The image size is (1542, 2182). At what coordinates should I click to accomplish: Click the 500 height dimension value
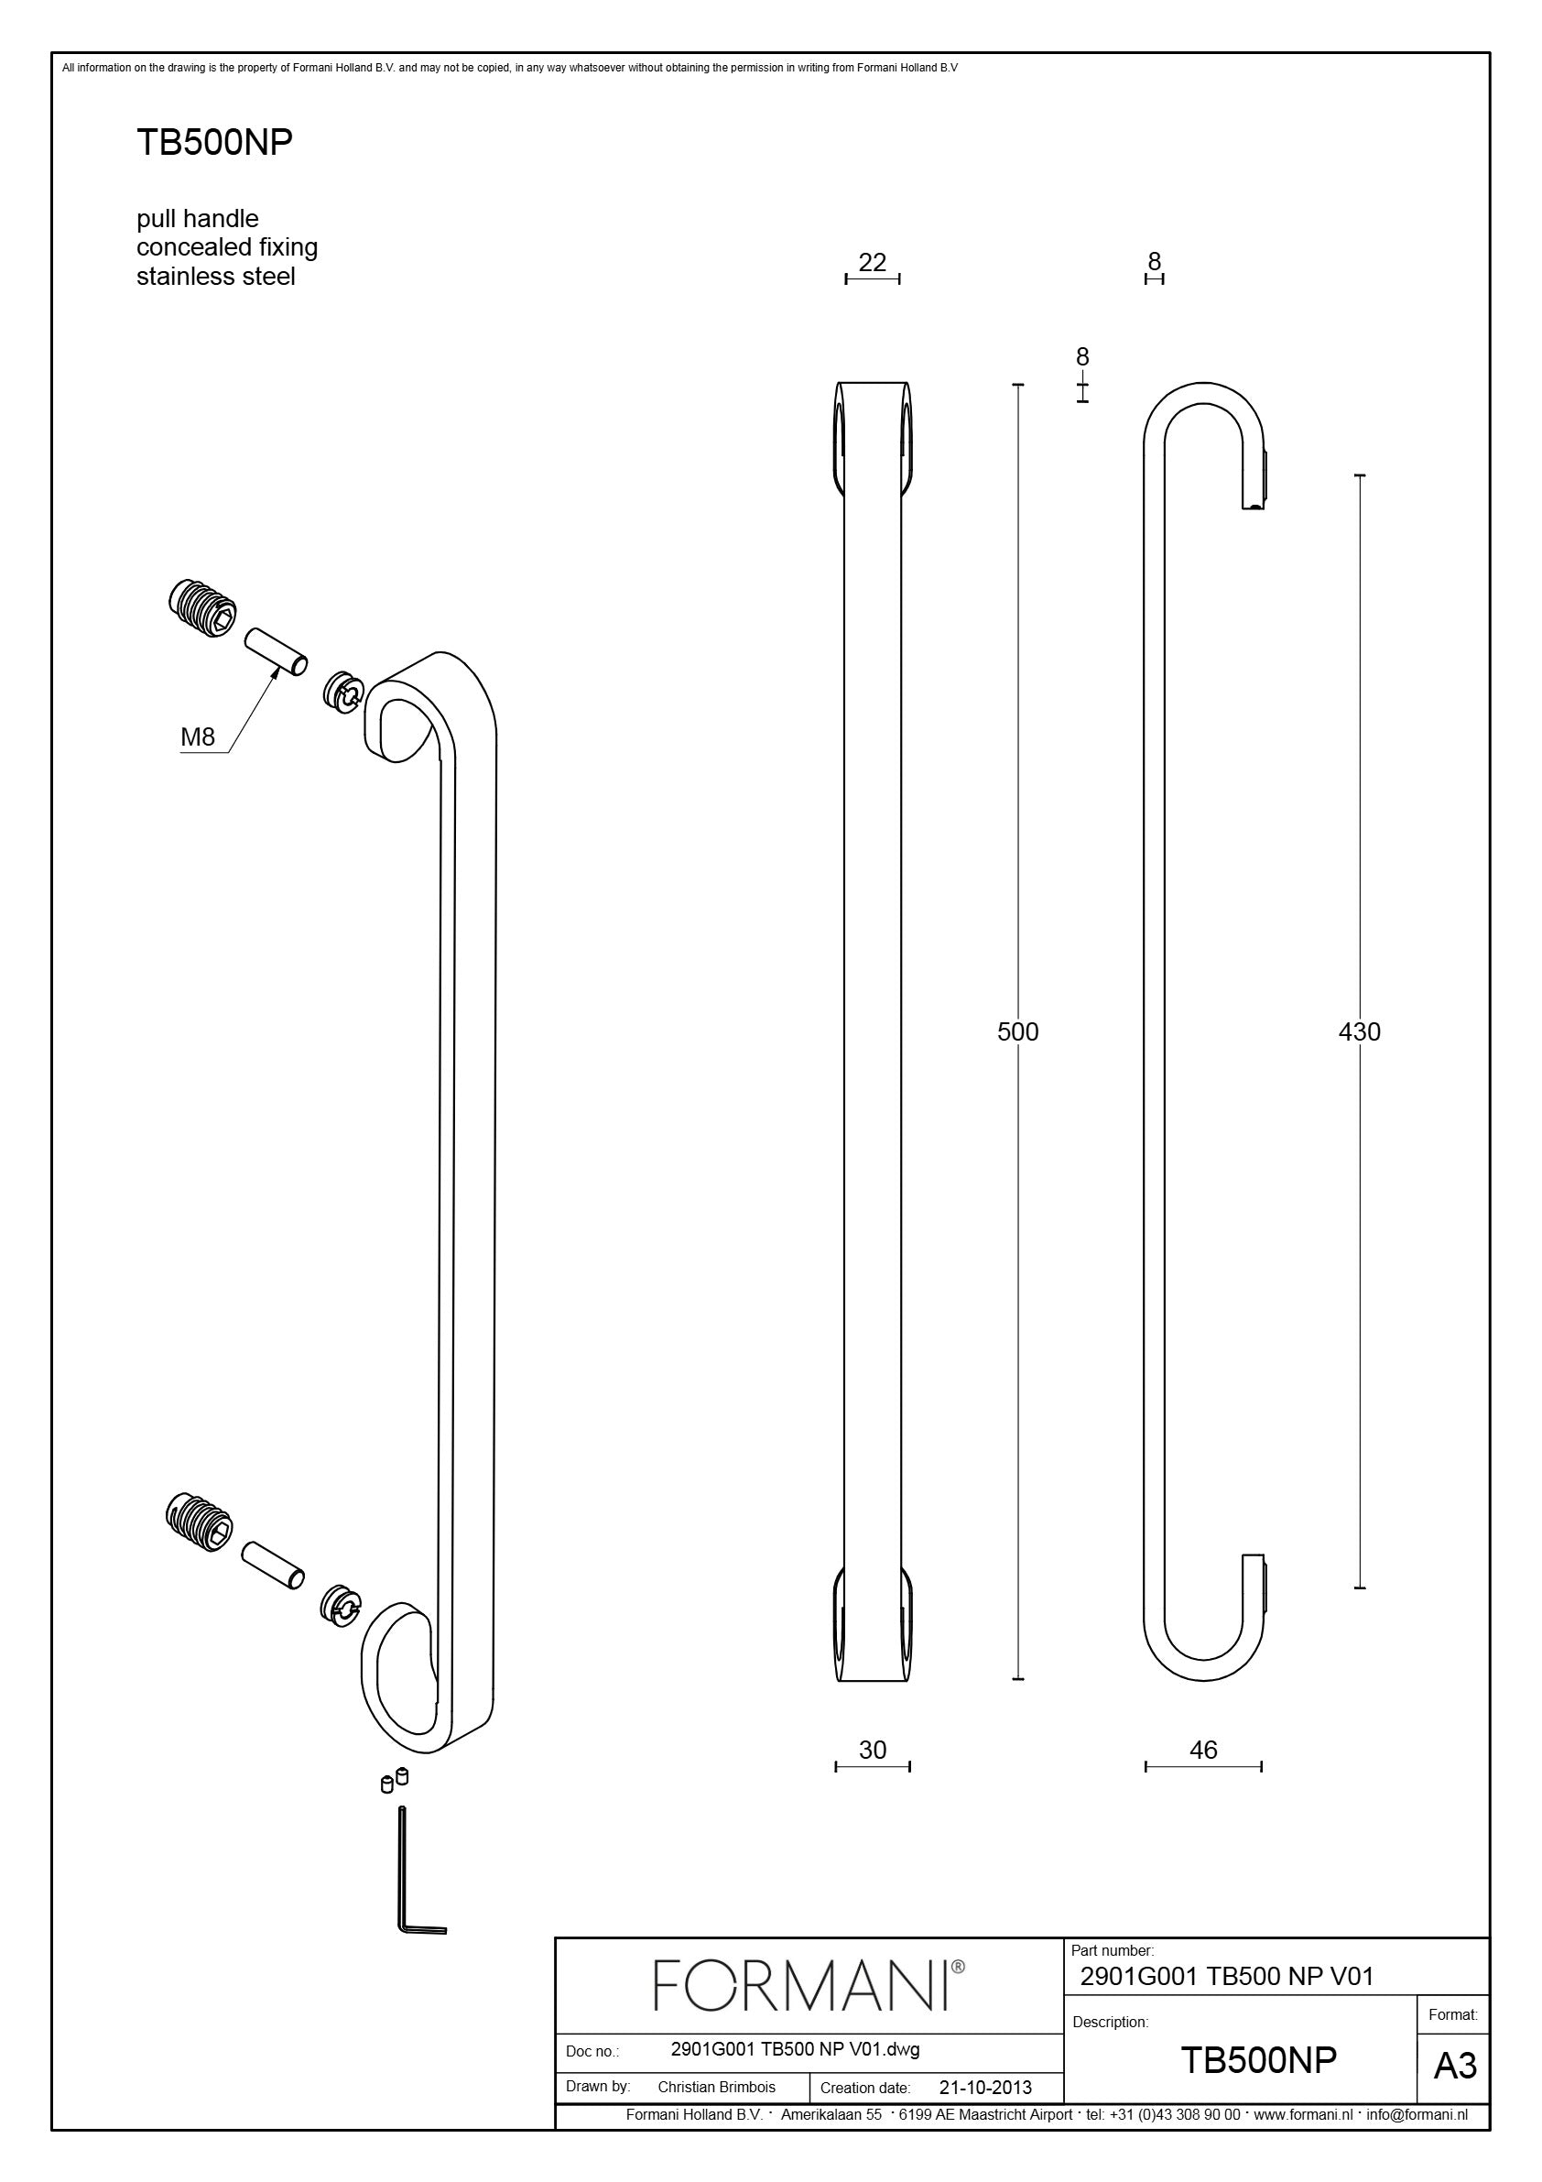(x=1017, y=1031)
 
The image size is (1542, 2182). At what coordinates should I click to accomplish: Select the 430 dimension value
(x=1359, y=1031)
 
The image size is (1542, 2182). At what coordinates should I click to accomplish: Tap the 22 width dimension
(x=873, y=262)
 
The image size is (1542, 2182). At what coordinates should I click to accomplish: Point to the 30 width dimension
(x=873, y=1750)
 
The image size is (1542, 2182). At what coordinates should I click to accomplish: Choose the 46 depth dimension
(x=1203, y=1750)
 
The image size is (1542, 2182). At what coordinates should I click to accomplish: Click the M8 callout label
(x=198, y=736)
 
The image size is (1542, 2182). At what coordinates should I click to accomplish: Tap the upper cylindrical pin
(x=276, y=651)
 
